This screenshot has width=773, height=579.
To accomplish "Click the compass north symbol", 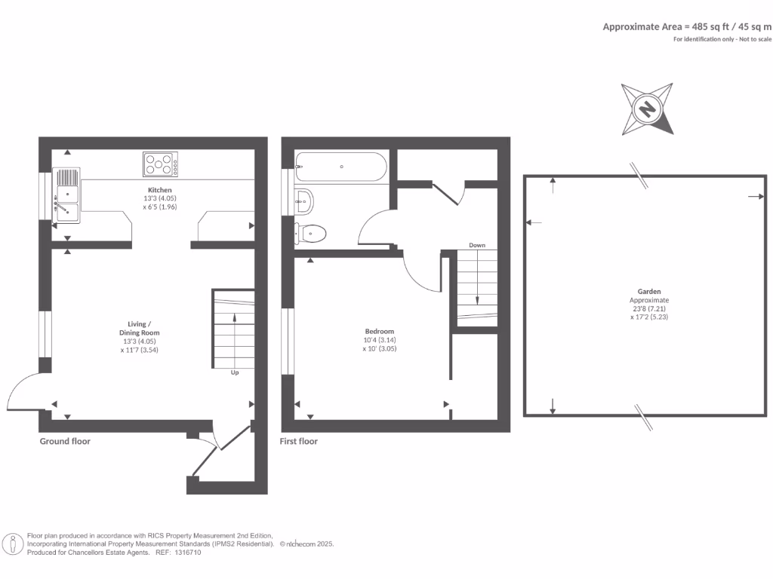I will tap(647, 109).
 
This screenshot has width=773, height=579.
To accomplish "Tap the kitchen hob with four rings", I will tap(160, 164).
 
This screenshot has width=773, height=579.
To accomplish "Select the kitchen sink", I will tap(66, 196).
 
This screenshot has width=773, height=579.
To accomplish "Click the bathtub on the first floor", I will tap(341, 166).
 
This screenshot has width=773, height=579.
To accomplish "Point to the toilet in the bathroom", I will tap(311, 234).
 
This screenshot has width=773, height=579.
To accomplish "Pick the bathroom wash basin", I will tap(303, 201).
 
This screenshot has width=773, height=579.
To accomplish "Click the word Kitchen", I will tap(159, 190).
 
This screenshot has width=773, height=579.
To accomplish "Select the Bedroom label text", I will tap(379, 331).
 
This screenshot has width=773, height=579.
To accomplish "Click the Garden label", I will tap(648, 291).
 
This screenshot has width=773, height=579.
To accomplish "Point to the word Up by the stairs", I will tap(236, 372).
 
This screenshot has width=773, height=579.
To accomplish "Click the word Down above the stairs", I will tap(477, 245).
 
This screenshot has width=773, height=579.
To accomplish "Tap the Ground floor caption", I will tap(65, 441).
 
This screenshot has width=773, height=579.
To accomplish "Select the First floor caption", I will tap(299, 441).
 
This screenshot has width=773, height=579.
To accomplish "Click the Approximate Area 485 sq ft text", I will tap(686, 26).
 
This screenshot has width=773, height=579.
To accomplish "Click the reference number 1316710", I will tap(188, 553).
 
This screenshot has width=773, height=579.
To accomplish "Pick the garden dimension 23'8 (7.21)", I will tap(649, 308).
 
